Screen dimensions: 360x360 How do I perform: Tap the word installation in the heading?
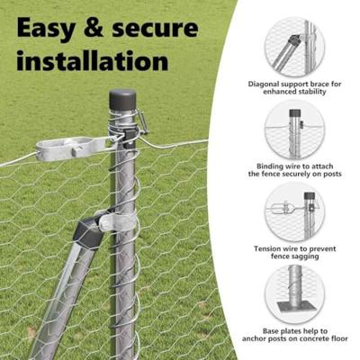[x=92, y=62]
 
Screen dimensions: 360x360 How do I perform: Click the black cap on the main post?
[x=121, y=99]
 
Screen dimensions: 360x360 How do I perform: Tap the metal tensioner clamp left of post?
[x=72, y=146]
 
